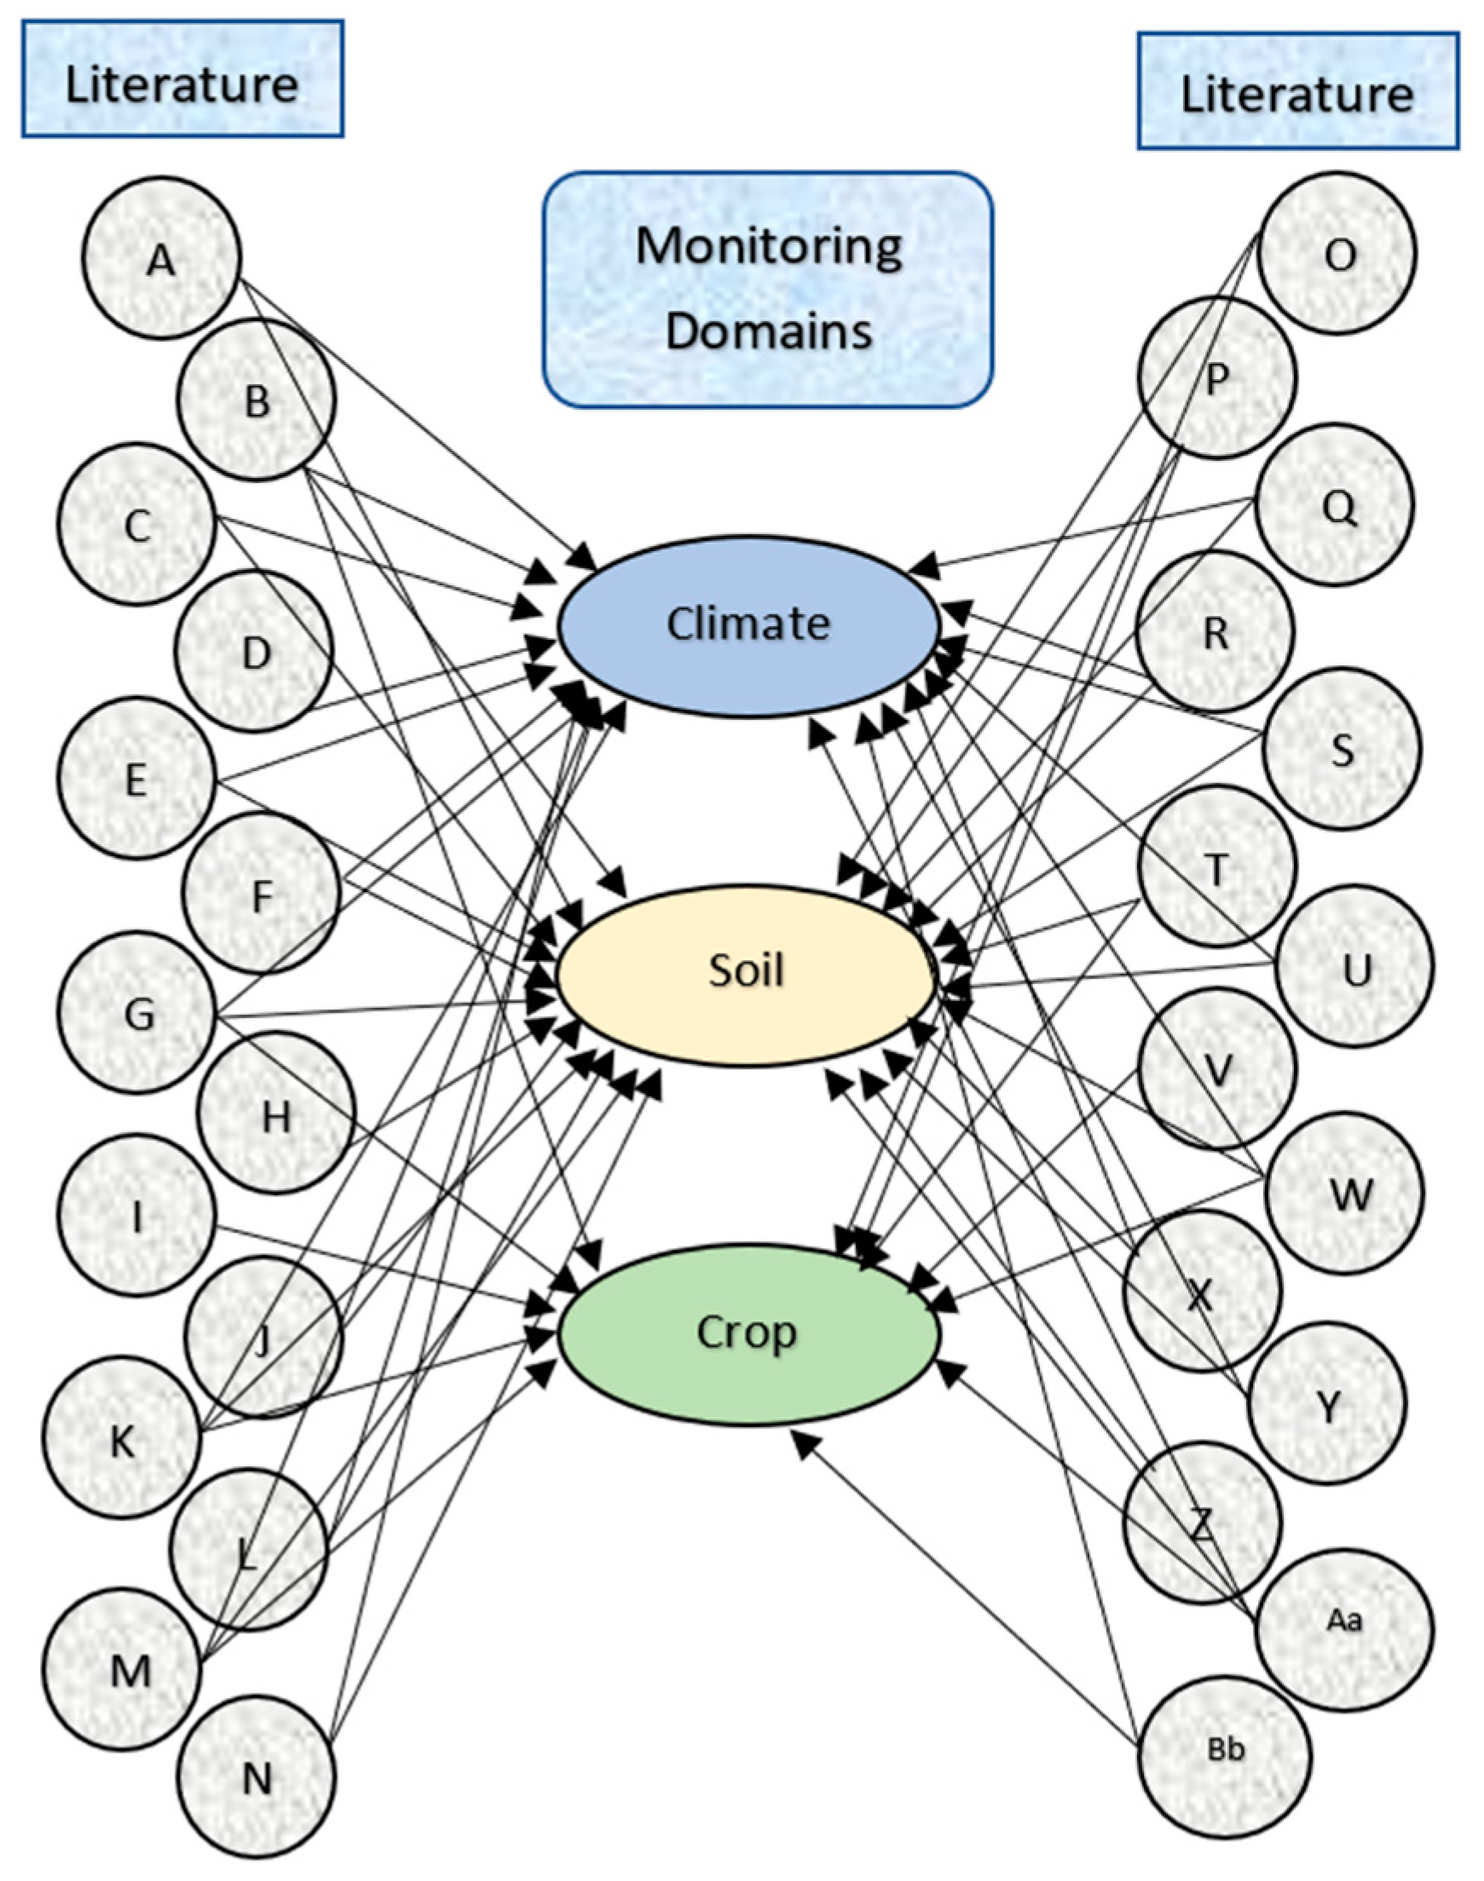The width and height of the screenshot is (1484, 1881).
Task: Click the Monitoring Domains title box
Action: pyautogui.click(x=768, y=289)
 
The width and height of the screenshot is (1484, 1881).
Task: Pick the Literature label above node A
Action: pyautogui.click(x=182, y=80)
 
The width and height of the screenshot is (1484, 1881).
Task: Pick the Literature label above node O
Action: pyautogui.click(x=1297, y=90)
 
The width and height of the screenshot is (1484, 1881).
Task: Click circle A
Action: pyautogui.click(x=162, y=258)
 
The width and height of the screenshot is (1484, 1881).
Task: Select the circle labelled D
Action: pyautogui.click(x=254, y=652)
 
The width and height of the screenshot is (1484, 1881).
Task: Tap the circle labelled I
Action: pyautogui.click(x=137, y=1215)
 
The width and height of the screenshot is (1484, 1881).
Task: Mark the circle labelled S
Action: pyautogui.click(x=1343, y=749)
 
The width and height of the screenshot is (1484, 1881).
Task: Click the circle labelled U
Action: pyautogui.click(x=1355, y=966)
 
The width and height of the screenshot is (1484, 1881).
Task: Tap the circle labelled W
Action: pyautogui.click(x=1345, y=1194)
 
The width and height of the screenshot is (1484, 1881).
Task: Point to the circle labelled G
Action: pyautogui.click(x=137, y=1013)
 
